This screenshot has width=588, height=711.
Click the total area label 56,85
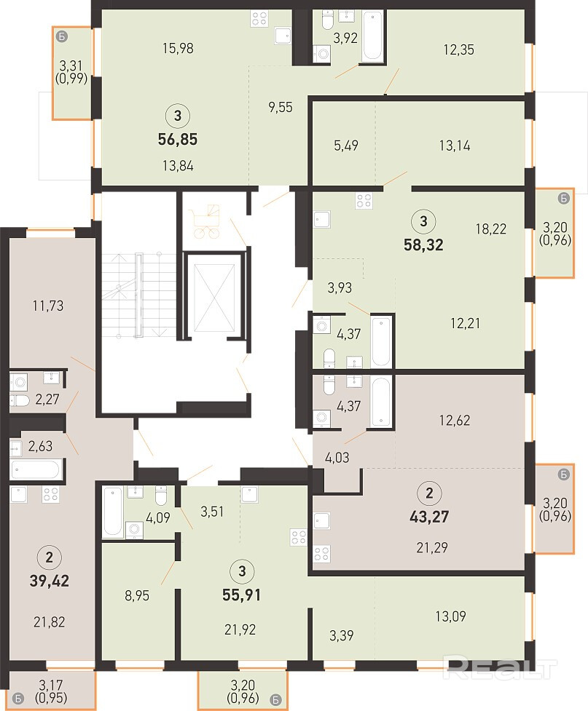(178, 139)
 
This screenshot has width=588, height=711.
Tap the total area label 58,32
(423, 245)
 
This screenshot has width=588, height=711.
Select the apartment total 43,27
(429, 517)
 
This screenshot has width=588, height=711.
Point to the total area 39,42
(49, 581)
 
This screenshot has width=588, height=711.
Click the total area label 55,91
(242, 595)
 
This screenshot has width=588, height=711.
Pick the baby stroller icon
(207, 221)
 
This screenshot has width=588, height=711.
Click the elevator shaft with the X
(214, 298)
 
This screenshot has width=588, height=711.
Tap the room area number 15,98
(178, 48)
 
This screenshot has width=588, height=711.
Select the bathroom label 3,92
(345, 38)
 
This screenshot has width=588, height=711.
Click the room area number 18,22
(491, 229)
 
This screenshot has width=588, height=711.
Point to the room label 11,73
(47, 306)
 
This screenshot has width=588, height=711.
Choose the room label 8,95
(137, 595)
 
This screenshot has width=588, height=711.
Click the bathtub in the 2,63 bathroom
(36, 469)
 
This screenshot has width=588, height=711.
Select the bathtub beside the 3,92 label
(372, 36)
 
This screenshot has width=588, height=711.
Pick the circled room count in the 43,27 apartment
(429, 493)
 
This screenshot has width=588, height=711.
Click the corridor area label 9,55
(280, 108)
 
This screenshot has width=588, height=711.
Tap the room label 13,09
(450, 616)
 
